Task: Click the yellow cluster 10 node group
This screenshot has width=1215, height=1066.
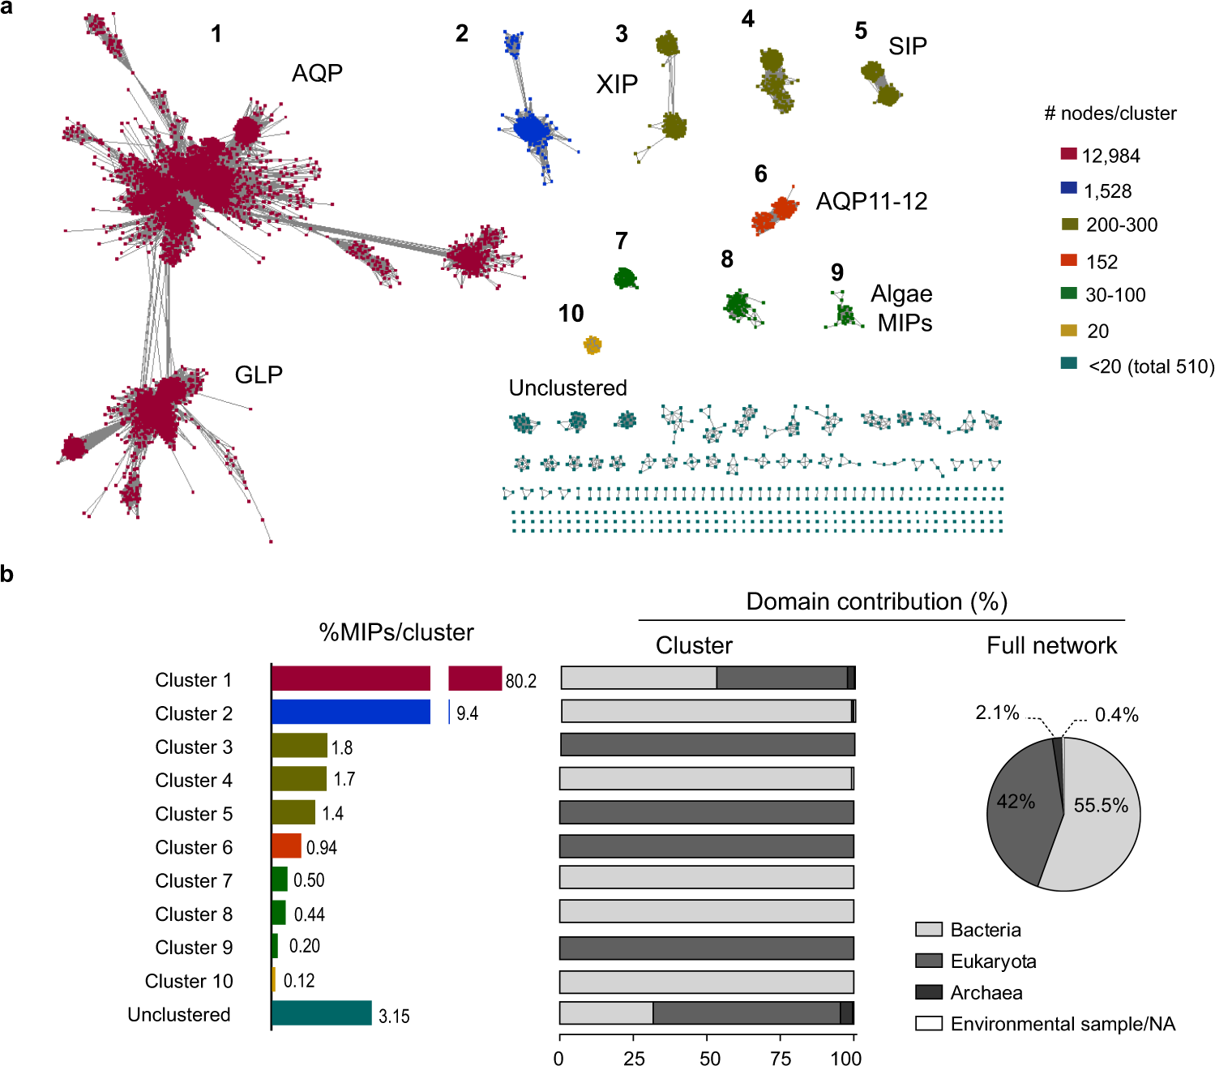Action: pyautogui.click(x=593, y=345)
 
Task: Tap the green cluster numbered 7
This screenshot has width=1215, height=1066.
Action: pyautogui.click(x=625, y=279)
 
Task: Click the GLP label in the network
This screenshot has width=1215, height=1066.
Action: pyautogui.click(x=259, y=375)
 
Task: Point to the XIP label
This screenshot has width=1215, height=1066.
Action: pyautogui.click(x=617, y=84)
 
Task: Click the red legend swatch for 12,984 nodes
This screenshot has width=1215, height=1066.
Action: pyautogui.click(x=1069, y=154)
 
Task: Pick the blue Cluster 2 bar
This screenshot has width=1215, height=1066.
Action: pyautogui.click(x=350, y=712)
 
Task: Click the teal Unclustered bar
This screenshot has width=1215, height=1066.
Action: pyautogui.click(x=321, y=1013)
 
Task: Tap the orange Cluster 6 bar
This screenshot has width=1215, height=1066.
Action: pyautogui.click(x=286, y=846)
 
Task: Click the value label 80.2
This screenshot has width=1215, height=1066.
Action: pyautogui.click(x=520, y=681)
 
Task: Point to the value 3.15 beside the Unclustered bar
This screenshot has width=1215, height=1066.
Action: pyautogui.click(x=394, y=1017)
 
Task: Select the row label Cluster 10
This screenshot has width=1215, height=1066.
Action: pyautogui.click(x=189, y=981)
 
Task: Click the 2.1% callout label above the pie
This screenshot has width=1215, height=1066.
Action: pyautogui.click(x=997, y=713)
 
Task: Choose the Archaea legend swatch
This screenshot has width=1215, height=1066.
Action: pyautogui.click(x=928, y=992)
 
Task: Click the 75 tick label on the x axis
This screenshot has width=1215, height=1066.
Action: pyautogui.click(x=781, y=1057)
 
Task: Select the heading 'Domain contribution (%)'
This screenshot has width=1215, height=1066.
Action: pyautogui.click(x=876, y=601)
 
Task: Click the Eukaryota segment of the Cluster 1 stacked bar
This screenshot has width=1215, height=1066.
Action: pyautogui.click(x=781, y=678)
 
